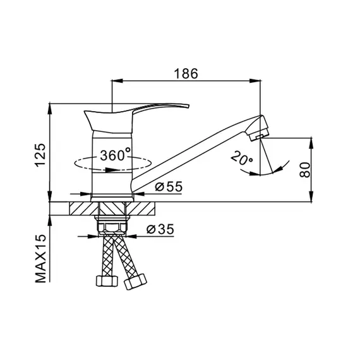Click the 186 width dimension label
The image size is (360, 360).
186,73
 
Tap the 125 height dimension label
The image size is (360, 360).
40,155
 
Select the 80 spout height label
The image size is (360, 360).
305,169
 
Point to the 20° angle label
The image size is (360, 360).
241,158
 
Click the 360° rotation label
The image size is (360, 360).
115,155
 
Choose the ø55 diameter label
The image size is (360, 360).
169,186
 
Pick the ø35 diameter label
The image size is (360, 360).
160,229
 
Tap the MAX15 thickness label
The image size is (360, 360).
40,258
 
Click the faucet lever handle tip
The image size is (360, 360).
188,106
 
